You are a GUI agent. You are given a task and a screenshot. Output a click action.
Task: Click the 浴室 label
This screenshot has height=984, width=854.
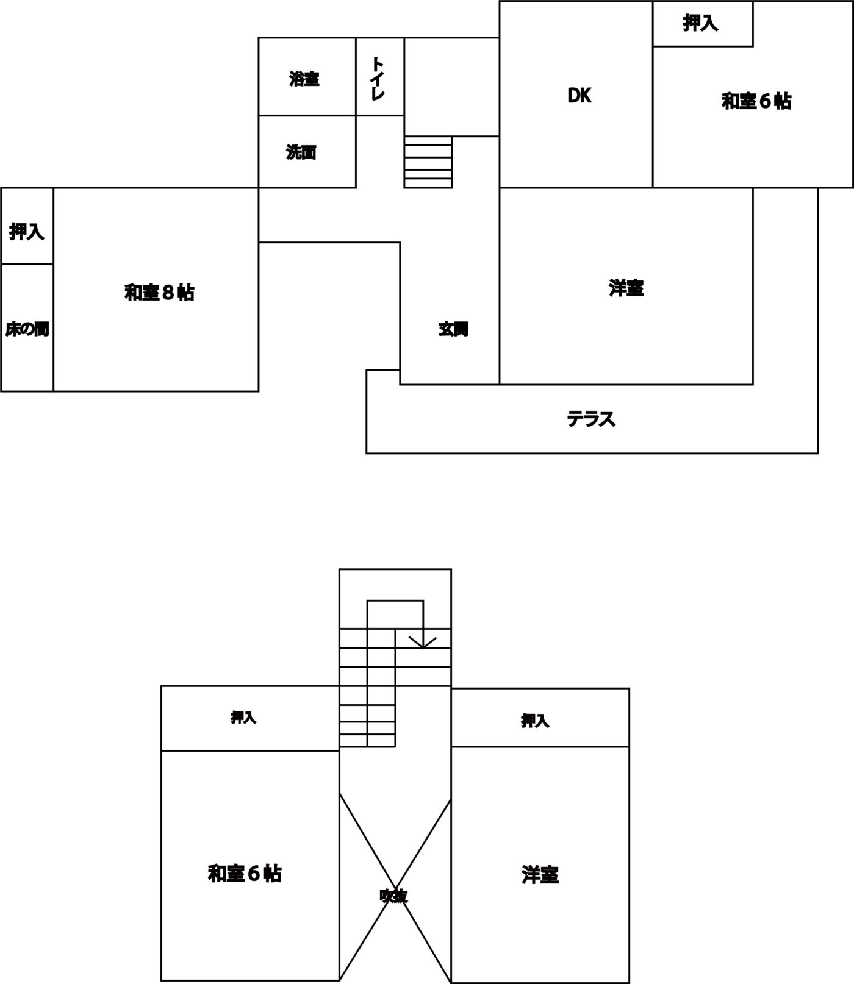(x=304, y=79)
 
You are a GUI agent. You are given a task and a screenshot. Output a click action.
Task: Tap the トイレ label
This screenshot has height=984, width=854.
(x=378, y=78)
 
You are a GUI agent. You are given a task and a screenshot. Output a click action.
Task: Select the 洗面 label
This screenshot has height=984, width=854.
(x=301, y=152)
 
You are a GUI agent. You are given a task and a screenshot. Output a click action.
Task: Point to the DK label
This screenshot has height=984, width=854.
(x=579, y=96)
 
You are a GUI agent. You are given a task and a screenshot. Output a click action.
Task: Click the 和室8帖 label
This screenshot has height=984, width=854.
(x=159, y=293)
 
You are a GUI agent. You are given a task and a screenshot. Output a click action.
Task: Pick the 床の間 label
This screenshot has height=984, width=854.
(x=27, y=329)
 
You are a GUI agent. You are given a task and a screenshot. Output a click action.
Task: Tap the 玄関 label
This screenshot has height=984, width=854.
(x=453, y=329)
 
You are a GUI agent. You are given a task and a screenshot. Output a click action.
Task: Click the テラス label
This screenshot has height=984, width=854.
(x=591, y=419)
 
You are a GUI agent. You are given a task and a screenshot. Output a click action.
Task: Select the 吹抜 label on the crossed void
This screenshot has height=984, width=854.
(x=393, y=896)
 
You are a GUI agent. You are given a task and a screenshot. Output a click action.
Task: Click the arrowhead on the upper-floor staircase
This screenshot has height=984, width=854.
(x=423, y=643)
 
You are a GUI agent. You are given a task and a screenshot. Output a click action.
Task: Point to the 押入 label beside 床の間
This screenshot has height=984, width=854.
(x=27, y=231)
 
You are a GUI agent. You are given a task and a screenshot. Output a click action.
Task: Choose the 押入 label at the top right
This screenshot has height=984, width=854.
(x=700, y=23)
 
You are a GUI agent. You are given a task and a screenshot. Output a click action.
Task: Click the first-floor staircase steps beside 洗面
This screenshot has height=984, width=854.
(x=428, y=162)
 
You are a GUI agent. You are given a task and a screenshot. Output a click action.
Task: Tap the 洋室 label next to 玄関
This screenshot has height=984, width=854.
(x=626, y=288)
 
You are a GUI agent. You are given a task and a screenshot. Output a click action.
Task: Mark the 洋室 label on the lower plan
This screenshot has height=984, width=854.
(x=540, y=875)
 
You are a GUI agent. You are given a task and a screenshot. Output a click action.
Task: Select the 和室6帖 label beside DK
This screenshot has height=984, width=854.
(x=756, y=101)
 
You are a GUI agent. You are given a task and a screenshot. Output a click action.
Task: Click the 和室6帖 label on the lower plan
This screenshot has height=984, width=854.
(x=245, y=874)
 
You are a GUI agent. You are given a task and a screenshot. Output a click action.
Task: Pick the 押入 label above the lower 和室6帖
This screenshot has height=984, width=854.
(x=243, y=718)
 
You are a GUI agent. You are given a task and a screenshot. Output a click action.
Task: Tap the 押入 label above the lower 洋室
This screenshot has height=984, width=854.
(x=535, y=721)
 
